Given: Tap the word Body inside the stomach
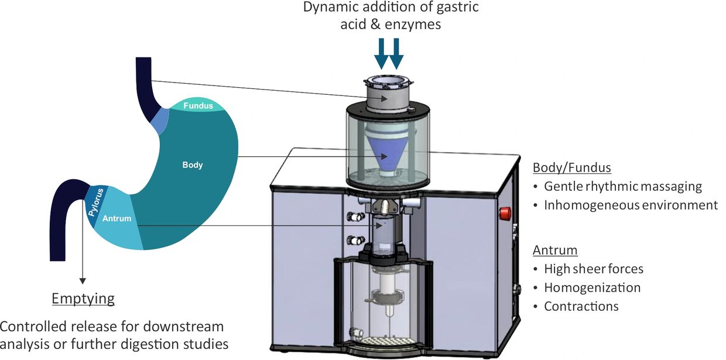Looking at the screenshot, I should coord(192,165).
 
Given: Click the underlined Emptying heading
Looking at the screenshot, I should coord(83,299).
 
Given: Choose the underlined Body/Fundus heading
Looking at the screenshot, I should coord(571,168).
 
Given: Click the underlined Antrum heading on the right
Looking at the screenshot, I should coord(554,251).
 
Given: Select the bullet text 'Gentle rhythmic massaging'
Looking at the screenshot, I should coord(622,187).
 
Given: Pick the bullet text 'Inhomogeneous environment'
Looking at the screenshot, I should coord(631,205).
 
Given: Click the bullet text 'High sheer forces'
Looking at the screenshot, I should coord(594,269).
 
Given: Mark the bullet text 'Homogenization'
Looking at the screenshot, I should coord(592,288).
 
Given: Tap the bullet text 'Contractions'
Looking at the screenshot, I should coord(581,307).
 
